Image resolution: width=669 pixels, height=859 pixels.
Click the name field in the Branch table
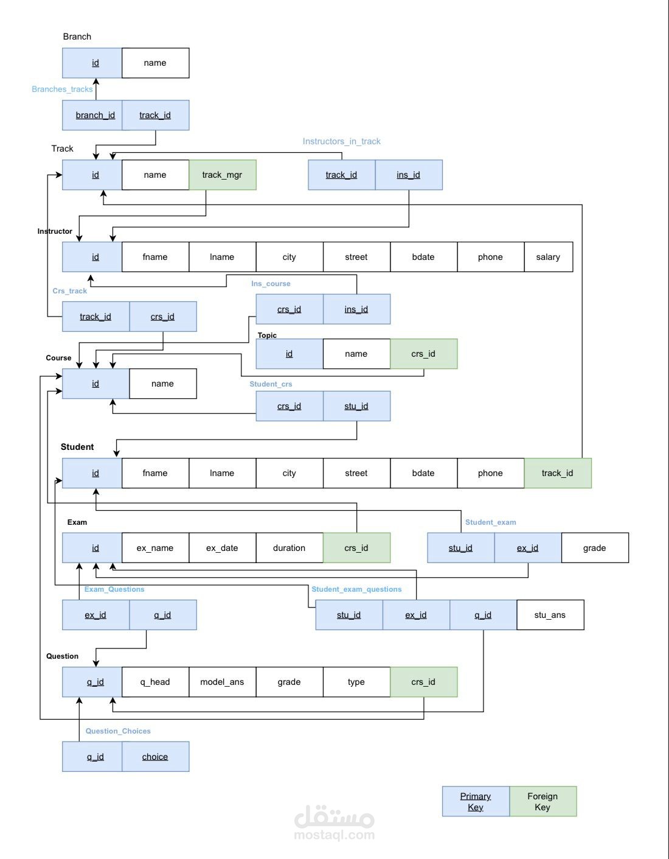[155, 63]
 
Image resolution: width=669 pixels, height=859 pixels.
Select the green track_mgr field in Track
[222, 175]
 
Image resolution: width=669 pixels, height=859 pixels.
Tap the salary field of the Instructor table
[548, 257]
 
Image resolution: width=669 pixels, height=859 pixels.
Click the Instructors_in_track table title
[341, 141]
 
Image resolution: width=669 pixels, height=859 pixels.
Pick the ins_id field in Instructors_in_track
[408, 175]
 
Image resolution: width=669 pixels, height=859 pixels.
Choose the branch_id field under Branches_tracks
[95, 115]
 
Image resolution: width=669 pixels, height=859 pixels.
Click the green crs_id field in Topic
[423, 354]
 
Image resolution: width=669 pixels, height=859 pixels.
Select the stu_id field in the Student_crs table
[356, 406]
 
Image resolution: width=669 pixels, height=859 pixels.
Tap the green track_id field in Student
[557, 473]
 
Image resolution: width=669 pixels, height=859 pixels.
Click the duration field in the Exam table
[289, 548]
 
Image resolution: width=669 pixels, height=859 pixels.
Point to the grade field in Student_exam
[594, 548]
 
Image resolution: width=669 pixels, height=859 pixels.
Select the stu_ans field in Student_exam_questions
[550, 615]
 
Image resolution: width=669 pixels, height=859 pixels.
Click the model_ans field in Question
[222, 682]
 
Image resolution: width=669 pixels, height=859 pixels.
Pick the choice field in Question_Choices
[155, 757]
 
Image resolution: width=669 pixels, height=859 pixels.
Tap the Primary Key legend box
[476, 801]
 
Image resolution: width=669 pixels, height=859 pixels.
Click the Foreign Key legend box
[542, 801]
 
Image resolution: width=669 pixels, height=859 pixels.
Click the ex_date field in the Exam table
[222, 548]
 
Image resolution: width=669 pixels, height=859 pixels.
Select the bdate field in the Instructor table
[423, 257]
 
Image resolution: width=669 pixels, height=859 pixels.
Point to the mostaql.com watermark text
[334, 835]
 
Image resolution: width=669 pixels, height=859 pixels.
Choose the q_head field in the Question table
[155, 682]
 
